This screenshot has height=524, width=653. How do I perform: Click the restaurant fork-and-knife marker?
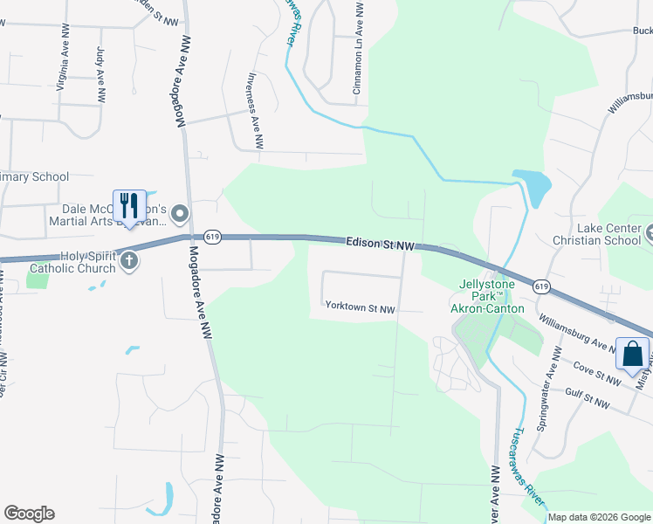tap(129, 206)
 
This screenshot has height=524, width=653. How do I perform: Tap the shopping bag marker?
tap(632, 355)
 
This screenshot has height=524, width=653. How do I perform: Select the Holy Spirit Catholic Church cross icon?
tap(129, 260)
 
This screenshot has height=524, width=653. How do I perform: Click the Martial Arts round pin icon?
tap(181, 213)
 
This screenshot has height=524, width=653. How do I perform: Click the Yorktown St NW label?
tap(360, 308)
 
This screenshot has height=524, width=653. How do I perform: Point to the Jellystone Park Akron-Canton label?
tap(486, 297)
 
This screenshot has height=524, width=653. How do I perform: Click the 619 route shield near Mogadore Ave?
tap(211, 237)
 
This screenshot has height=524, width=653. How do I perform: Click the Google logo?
tap(29, 514)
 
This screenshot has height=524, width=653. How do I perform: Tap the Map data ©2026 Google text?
tap(599, 517)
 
